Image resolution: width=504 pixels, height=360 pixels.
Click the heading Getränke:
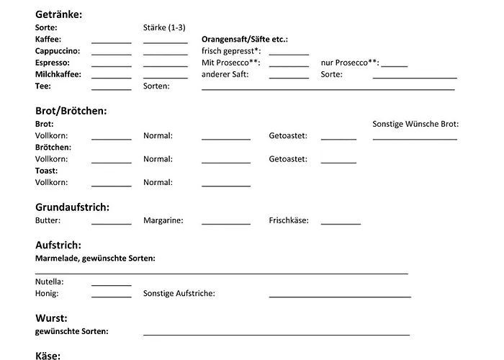point(58,14)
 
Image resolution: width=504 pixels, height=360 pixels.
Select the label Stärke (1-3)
point(164,28)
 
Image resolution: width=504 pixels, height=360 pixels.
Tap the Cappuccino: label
point(58,51)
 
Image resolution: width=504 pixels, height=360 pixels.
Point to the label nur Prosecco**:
point(350,63)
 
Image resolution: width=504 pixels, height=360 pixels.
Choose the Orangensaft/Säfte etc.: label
point(250,40)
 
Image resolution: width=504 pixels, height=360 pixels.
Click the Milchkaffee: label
point(58,74)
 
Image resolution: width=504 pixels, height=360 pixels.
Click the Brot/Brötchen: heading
point(71,111)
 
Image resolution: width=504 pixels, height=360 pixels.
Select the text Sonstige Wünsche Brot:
point(415,124)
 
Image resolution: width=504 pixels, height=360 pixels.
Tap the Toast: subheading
point(46,171)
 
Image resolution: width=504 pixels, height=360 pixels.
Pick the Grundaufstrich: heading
point(72,207)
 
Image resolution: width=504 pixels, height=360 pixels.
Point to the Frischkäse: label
point(289,220)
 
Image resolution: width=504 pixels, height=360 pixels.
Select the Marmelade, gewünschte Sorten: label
point(95,258)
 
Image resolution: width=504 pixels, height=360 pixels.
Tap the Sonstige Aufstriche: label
point(179,294)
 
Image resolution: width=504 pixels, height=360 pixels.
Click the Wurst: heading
point(51,318)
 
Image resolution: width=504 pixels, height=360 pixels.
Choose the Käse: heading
point(48,355)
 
